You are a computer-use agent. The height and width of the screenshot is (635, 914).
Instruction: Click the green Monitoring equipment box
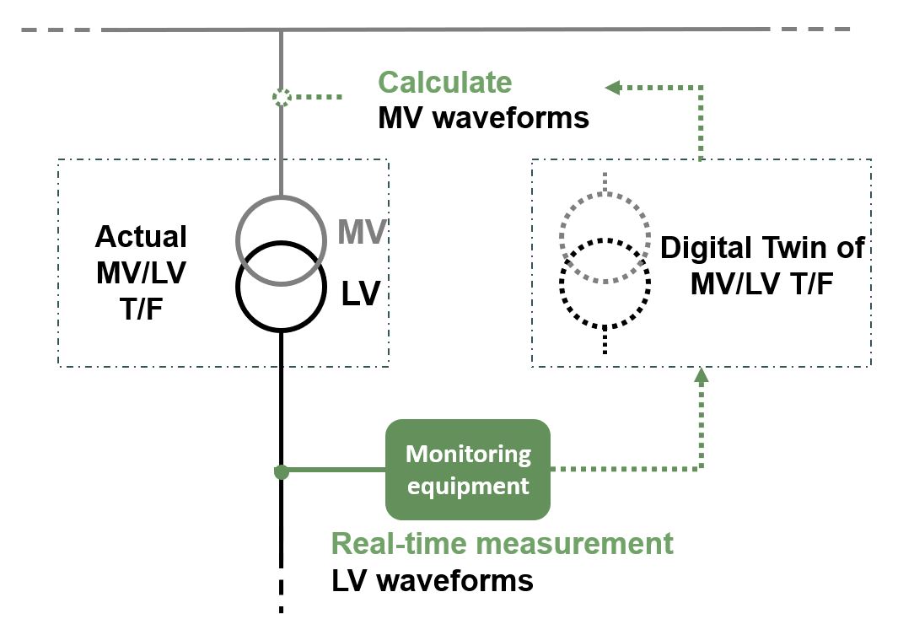click(x=468, y=469)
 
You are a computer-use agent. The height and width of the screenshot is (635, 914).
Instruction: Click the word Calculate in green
click(x=444, y=83)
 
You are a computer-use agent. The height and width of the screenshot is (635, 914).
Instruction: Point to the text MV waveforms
click(x=483, y=117)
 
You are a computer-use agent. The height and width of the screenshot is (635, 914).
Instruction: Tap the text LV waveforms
click(x=433, y=580)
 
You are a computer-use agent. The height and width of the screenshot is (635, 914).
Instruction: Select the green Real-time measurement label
click(x=503, y=543)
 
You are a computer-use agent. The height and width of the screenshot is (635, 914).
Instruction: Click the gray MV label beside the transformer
click(x=362, y=232)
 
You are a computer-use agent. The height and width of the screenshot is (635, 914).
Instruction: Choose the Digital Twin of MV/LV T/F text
click(x=761, y=265)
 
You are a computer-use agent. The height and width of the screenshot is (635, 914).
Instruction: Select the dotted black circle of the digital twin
click(x=605, y=326)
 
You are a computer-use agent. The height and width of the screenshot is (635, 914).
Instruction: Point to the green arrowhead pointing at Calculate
click(x=613, y=86)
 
